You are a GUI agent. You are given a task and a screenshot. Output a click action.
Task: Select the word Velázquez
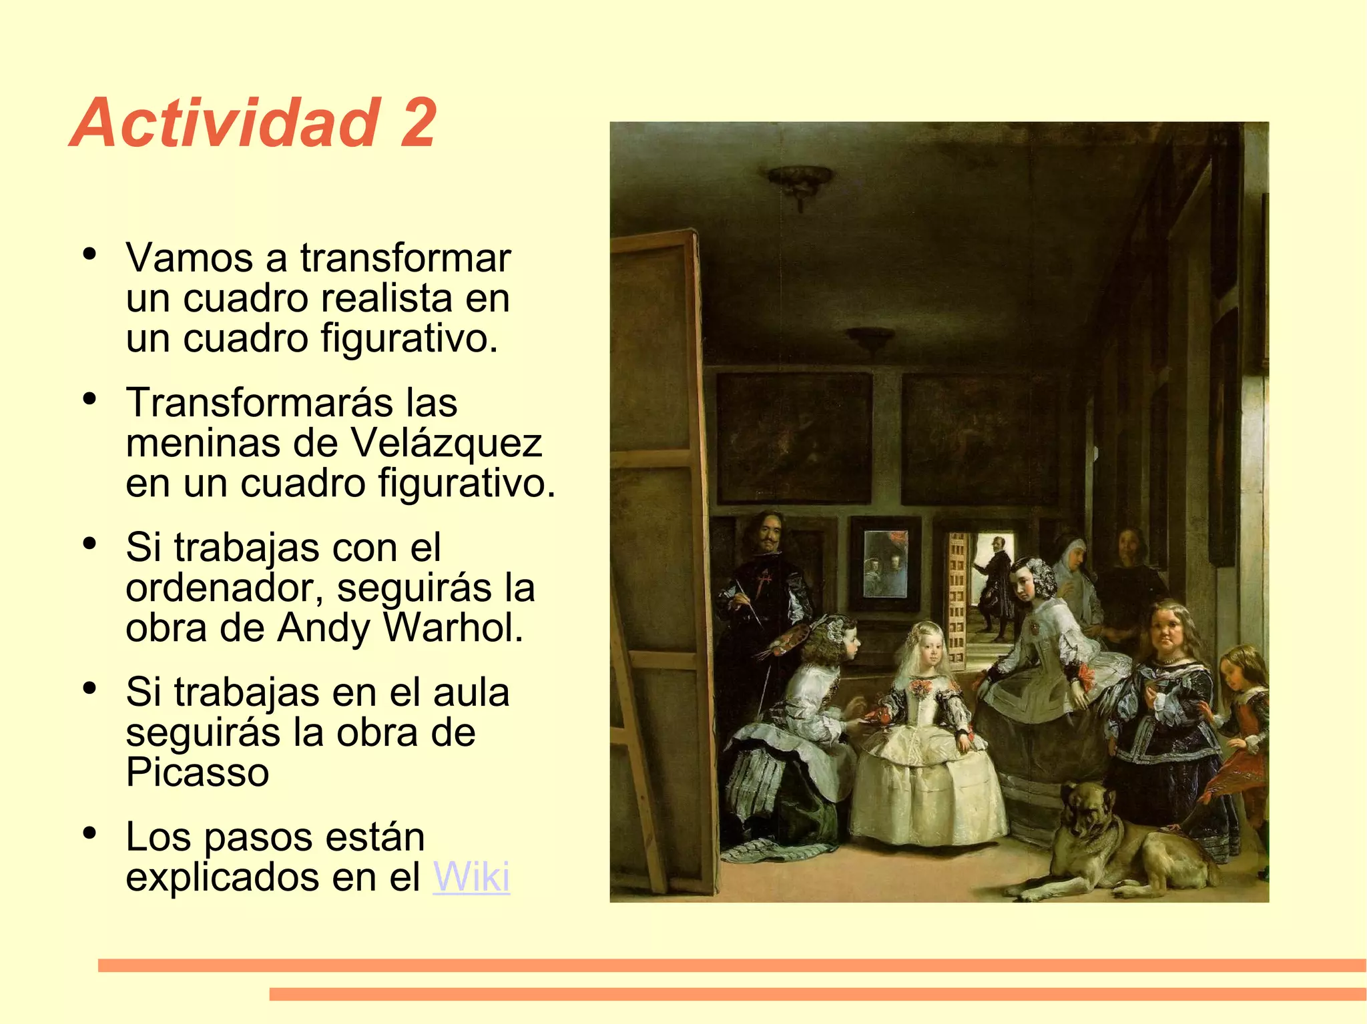[x=446, y=443]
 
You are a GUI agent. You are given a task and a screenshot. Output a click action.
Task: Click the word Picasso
[x=198, y=773]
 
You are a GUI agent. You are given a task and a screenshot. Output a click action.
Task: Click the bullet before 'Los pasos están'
[x=89, y=833]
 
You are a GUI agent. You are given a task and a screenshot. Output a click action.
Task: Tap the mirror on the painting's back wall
[x=886, y=564]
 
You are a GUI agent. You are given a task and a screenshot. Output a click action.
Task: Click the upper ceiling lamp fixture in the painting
[x=799, y=183]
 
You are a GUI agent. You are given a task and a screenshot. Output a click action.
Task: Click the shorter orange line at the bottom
[x=818, y=994]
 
